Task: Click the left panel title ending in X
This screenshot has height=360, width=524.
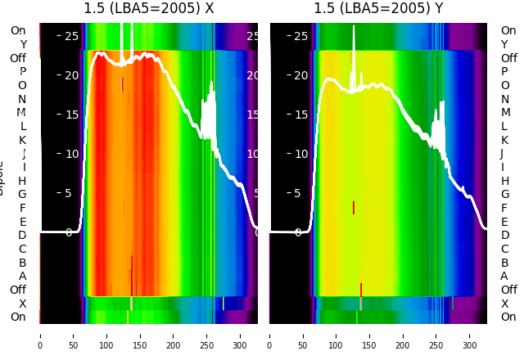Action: click(x=148, y=9)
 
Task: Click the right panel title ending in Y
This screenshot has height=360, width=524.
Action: click(x=378, y=9)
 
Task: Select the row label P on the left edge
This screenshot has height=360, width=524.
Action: click(x=22, y=72)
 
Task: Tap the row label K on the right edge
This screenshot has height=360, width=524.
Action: click(x=504, y=140)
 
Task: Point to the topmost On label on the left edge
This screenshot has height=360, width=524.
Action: click(x=18, y=31)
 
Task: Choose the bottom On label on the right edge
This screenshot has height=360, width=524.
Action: click(x=508, y=317)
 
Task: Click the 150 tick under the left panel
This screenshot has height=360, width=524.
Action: click(x=140, y=335)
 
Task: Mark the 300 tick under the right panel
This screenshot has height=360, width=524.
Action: click(x=470, y=335)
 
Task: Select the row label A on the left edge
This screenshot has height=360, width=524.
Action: click(x=22, y=277)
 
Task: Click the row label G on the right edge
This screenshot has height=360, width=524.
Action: click(x=504, y=195)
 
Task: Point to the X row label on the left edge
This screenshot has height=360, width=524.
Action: click(x=22, y=304)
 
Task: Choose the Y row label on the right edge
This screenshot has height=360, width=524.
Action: click(x=504, y=45)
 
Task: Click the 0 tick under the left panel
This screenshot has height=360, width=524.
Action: click(x=39, y=335)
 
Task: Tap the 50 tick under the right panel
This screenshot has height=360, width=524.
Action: click(x=303, y=335)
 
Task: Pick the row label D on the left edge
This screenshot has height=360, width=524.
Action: click(x=22, y=236)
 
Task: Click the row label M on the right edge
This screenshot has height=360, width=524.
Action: click(x=504, y=113)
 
